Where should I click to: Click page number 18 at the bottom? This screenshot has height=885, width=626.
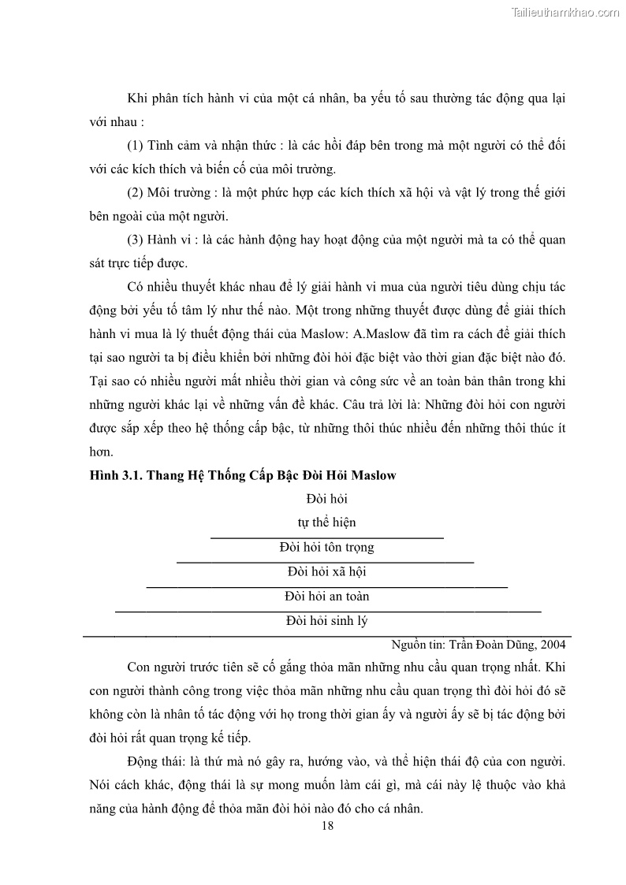[x=329, y=826]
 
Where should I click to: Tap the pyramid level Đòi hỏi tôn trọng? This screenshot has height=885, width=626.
[x=326, y=547]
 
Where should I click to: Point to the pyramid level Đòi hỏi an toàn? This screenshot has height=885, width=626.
[x=326, y=597]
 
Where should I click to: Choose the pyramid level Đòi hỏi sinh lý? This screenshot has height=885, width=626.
[x=326, y=621]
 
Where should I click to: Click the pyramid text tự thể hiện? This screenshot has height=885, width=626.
[x=326, y=522]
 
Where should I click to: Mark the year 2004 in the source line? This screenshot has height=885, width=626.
[x=553, y=643]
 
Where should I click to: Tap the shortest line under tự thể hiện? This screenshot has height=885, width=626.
[x=326, y=537]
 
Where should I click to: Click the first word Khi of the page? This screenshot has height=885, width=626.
[x=136, y=99]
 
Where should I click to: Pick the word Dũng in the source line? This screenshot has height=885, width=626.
[x=518, y=643]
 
